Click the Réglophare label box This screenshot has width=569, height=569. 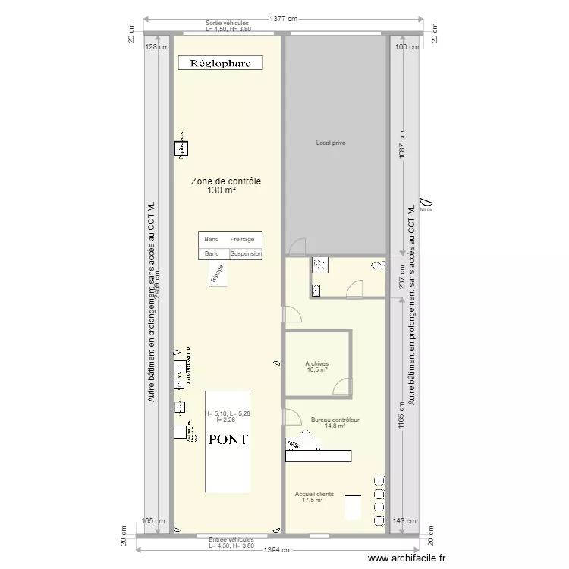pos(220,63)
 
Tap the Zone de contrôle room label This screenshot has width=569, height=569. pos(225,186)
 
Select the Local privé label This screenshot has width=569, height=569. pos(331,143)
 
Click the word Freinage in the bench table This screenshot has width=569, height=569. pos(243,240)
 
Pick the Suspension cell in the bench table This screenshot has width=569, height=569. pos(246,253)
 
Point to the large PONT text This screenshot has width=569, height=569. pos(228,439)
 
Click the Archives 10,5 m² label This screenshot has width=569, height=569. pos(317,366)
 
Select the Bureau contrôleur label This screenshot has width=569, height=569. pos(335,423)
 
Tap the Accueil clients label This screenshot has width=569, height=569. pos(313,497)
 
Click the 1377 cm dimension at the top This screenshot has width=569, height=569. pos(281,19)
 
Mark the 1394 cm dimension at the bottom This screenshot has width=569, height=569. pos(278,550)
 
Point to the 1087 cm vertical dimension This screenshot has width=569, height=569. pos(402,144)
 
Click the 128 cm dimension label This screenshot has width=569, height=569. pos(156,47)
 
